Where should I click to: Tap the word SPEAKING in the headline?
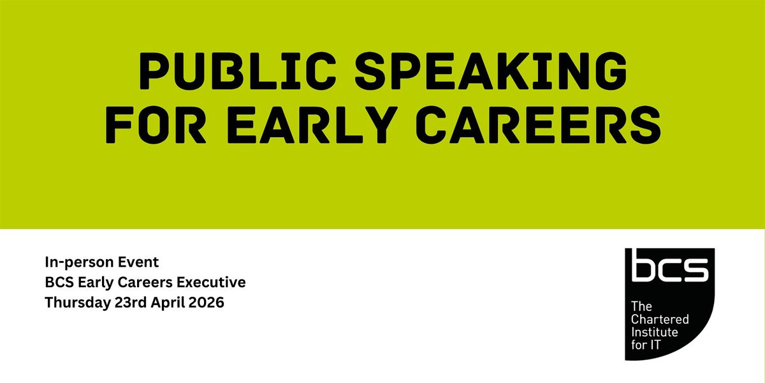(x=491, y=71)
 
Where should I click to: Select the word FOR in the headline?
(x=156, y=124)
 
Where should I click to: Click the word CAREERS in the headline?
(x=538, y=124)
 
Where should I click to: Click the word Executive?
(x=211, y=282)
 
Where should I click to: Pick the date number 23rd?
(x=131, y=303)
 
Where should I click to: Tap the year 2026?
(x=207, y=303)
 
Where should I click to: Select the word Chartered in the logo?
(x=660, y=319)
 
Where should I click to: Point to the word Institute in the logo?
(x=654, y=332)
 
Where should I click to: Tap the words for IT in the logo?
(x=646, y=345)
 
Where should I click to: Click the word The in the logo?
(x=641, y=306)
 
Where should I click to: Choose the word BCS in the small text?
(x=59, y=282)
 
